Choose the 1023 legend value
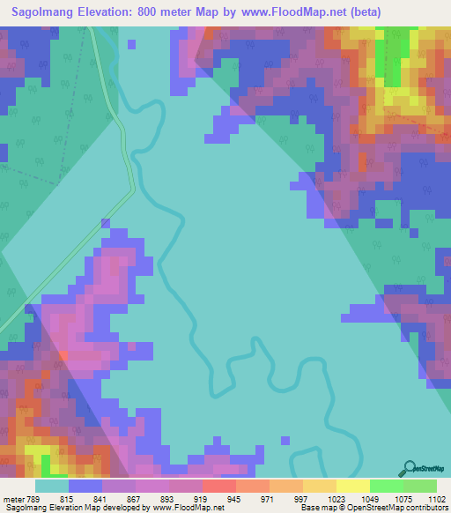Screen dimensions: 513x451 (337, 500)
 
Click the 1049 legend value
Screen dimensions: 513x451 (371, 500)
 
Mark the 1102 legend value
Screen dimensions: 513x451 (436, 500)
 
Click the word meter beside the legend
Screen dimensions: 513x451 (15, 500)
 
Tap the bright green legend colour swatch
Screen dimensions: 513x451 (386, 486)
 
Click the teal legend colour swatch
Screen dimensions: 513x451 (52, 486)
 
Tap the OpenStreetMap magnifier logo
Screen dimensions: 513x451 (409, 468)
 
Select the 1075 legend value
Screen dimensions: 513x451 (403, 500)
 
